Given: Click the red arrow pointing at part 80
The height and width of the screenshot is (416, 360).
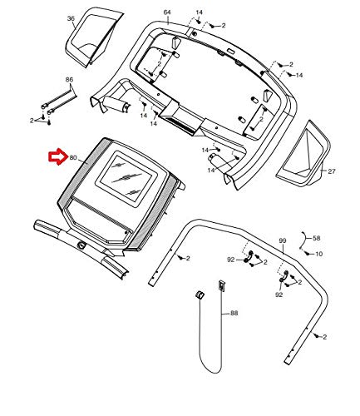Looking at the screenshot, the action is [58, 158].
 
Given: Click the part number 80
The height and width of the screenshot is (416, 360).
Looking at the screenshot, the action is [73, 158].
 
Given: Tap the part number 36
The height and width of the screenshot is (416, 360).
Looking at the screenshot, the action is [71, 18].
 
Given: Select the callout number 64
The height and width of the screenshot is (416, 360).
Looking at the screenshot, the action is [167, 12].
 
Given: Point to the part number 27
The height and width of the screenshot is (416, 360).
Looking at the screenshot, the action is [332, 171].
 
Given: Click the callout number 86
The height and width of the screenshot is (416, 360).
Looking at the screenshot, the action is [69, 80].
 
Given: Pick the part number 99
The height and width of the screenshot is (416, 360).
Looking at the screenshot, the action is [283, 240].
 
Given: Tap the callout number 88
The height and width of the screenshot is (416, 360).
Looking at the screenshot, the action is [234, 313].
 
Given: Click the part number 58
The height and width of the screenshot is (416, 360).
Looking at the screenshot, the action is [317, 238].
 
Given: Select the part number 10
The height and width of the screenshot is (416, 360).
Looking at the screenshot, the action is [319, 254].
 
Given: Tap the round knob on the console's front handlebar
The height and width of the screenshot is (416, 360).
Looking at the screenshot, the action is [81, 245].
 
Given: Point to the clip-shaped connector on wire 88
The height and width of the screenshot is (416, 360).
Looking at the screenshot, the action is [200, 295].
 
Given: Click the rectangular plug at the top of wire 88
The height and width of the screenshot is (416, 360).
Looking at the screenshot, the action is [221, 285].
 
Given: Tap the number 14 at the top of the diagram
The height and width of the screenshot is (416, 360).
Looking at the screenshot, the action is [199, 12].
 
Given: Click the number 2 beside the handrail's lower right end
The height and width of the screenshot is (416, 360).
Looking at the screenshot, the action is [325, 337].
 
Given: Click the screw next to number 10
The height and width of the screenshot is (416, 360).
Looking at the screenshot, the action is [307, 252].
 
